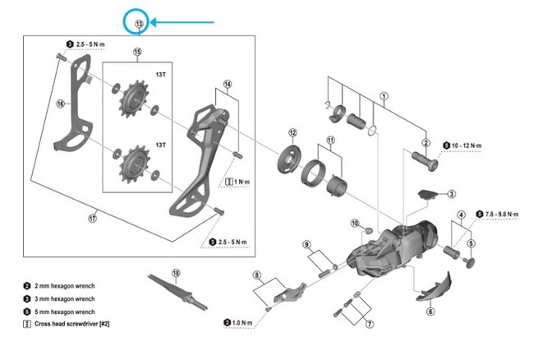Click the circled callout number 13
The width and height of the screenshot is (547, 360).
(138, 24)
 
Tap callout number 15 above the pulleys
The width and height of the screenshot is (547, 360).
(137, 53)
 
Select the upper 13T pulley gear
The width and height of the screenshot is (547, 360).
(131, 107)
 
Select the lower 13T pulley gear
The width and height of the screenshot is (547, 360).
(131, 164)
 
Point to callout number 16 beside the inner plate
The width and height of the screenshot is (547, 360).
(60, 104)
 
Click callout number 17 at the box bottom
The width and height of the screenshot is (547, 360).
(93, 219)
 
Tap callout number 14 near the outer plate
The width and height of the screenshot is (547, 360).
(228, 84)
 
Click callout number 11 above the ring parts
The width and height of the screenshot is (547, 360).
(331, 141)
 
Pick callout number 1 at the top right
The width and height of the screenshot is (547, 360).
(383, 96)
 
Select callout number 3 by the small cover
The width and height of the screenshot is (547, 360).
(451, 194)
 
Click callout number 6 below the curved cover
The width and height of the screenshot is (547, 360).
(430, 312)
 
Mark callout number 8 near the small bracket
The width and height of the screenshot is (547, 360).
(256, 275)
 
